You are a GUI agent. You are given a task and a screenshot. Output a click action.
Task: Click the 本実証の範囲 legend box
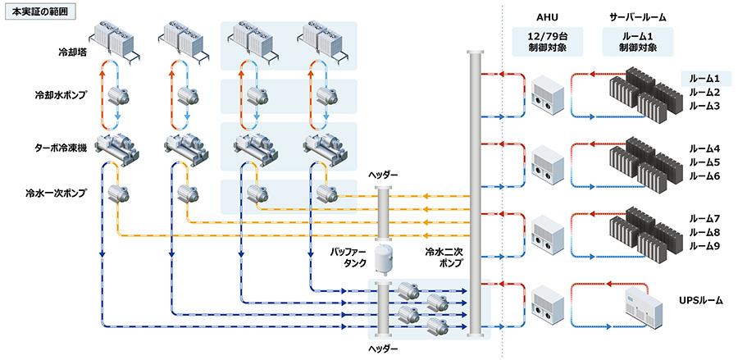39,11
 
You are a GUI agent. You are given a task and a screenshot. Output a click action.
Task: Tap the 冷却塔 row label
70,52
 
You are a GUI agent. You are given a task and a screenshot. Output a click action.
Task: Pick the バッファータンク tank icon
383,259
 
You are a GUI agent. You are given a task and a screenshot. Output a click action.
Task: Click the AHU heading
548,17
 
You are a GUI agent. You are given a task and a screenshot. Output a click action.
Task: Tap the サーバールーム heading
638,17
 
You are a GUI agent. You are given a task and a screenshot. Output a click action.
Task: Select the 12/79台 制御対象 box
548,42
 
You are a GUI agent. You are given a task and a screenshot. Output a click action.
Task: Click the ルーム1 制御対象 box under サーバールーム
638,42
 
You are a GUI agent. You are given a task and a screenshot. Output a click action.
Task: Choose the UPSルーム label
699,300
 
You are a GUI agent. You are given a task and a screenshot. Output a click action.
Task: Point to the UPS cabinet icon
643,307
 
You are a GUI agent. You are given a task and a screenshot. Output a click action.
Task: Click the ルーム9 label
704,245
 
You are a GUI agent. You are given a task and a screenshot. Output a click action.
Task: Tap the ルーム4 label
704,149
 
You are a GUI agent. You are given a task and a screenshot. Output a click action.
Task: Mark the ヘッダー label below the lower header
383,349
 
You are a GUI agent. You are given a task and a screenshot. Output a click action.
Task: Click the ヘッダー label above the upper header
383,175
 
